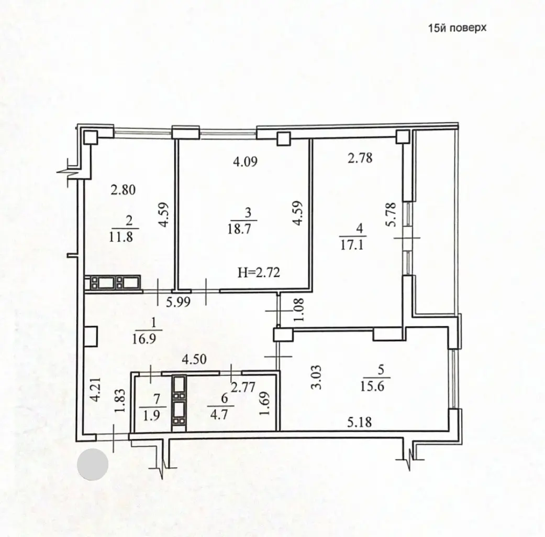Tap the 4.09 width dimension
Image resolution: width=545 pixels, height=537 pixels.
244,163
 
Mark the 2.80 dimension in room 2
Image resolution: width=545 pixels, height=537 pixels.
123,190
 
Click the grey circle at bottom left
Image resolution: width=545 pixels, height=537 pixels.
93,465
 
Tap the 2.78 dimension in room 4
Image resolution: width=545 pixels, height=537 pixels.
360,157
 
